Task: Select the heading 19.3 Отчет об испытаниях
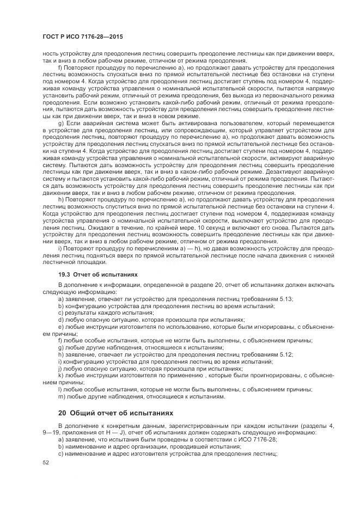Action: (94, 275)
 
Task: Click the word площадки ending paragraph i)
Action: (85, 262)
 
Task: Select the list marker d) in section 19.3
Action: (61, 320)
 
